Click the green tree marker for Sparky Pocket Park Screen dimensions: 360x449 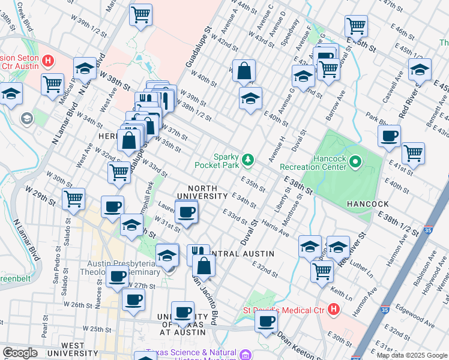247,160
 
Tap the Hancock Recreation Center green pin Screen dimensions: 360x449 355,161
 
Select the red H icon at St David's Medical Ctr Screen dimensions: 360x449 334,310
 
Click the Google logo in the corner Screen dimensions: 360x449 20,353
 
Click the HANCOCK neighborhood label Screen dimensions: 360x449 367,204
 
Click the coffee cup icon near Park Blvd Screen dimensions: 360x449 390,137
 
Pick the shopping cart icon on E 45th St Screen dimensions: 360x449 356,26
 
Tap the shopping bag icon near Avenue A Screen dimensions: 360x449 244,71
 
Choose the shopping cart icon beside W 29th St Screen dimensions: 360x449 73,198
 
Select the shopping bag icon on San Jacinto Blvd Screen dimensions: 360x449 203,265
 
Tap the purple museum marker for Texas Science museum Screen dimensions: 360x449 245,355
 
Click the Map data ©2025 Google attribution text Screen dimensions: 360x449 412,355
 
